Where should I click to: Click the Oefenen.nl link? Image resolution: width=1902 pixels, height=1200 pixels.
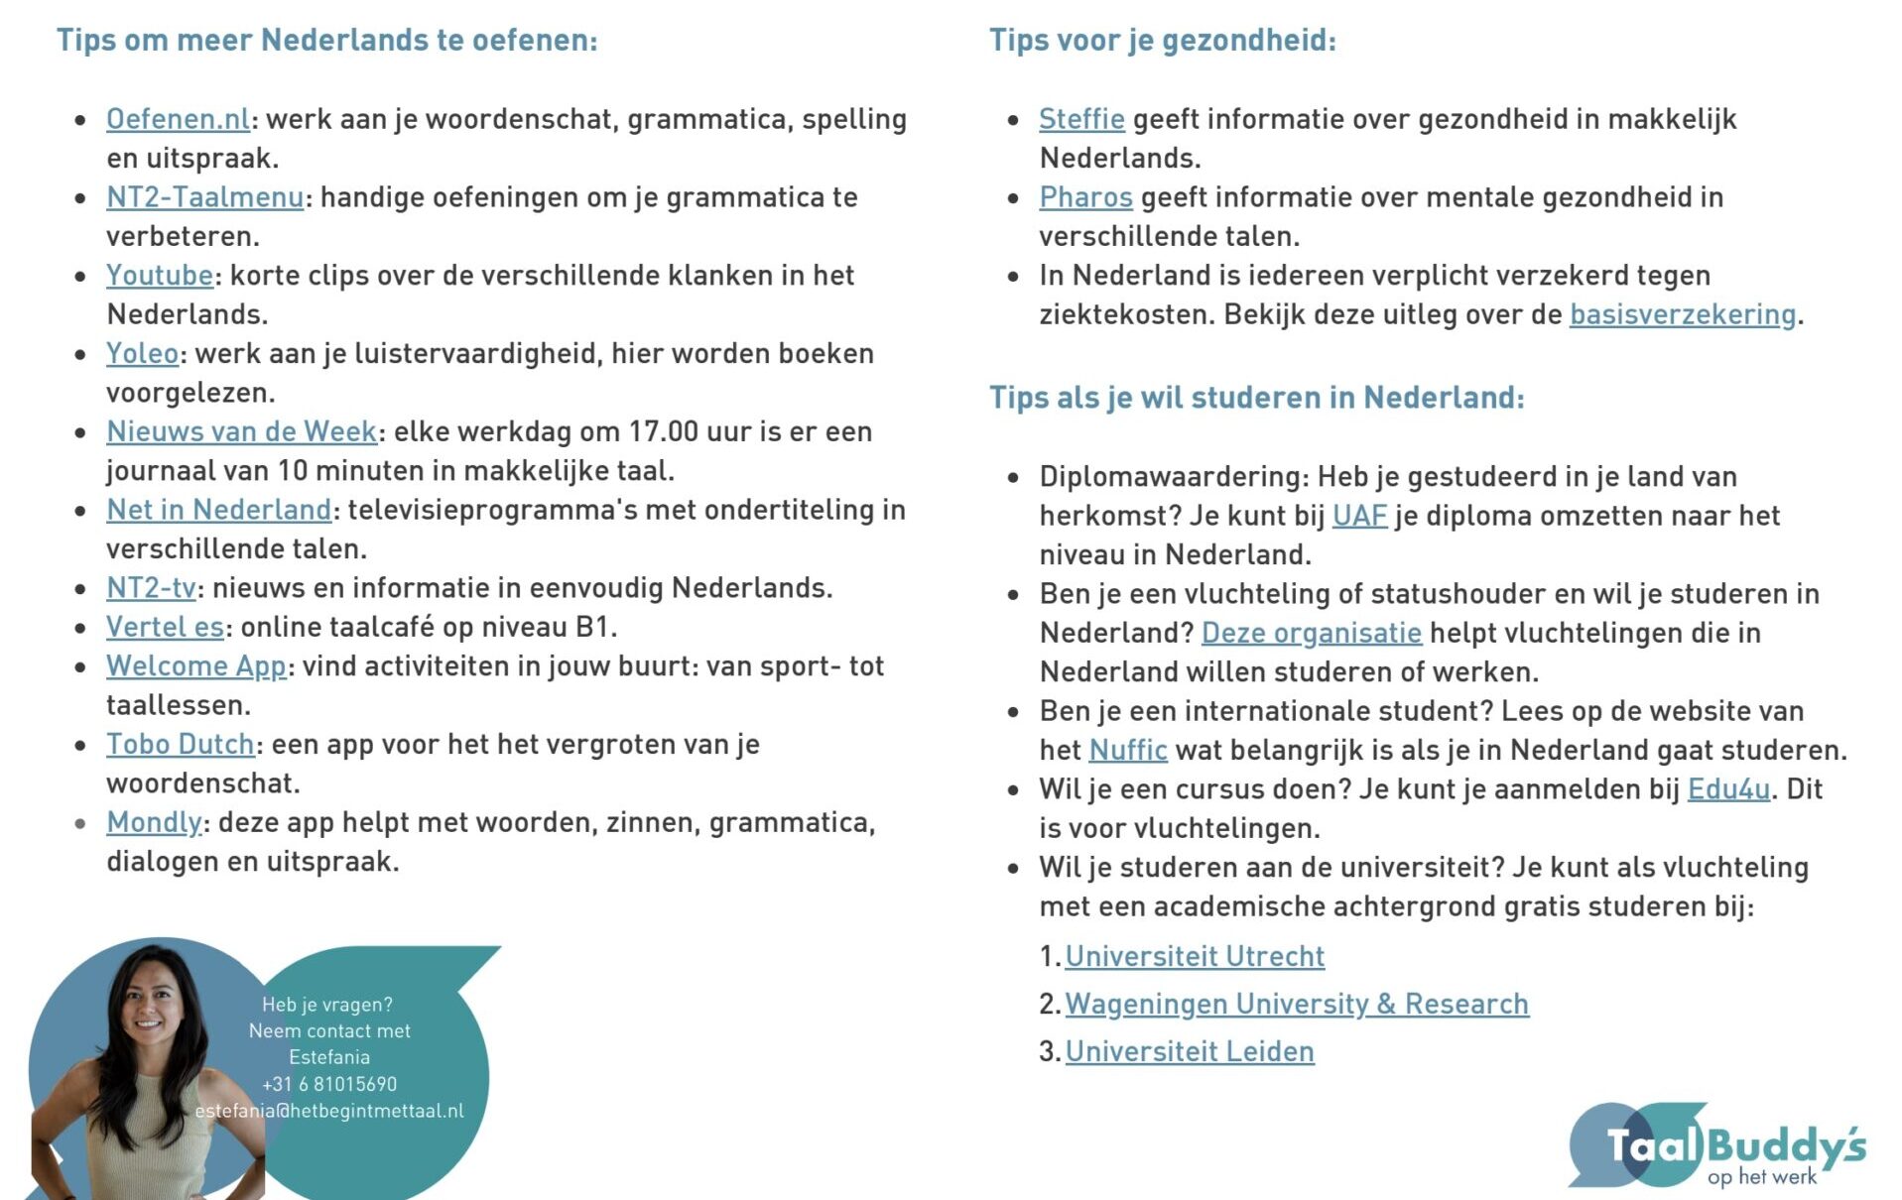[178, 119]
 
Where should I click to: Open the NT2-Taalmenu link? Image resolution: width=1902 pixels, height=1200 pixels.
[204, 197]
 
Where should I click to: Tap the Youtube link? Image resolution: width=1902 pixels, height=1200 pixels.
[160, 276]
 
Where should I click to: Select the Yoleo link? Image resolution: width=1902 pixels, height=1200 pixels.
[142, 354]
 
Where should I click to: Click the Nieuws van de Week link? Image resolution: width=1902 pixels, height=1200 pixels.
[241, 432]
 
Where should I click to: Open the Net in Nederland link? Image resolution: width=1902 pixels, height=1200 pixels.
[218, 510]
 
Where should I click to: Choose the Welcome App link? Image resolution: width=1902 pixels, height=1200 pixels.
[195, 666]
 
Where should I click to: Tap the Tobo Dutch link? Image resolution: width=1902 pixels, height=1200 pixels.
[180, 745]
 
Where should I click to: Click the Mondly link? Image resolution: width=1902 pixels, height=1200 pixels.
[154, 823]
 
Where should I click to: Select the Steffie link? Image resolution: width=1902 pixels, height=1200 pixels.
[1081, 119]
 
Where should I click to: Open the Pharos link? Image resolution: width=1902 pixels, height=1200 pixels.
[1085, 197]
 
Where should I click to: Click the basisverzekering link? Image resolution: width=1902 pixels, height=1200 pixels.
[1683, 315]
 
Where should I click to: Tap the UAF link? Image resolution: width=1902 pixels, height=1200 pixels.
[1359, 517]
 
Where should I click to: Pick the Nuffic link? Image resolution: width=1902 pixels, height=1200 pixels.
[1128, 751]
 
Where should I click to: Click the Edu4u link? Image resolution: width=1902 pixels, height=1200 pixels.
[1728, 789]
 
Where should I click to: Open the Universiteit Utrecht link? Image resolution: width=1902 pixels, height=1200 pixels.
[1195, 957]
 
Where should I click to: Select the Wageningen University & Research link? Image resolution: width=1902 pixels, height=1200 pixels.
[1297, 1005]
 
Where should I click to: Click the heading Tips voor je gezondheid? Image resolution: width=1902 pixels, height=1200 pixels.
[1163, 41]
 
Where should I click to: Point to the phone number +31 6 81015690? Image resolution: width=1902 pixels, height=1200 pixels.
[329, 1085]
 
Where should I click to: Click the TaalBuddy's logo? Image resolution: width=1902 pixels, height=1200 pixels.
[1716, 1146]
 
